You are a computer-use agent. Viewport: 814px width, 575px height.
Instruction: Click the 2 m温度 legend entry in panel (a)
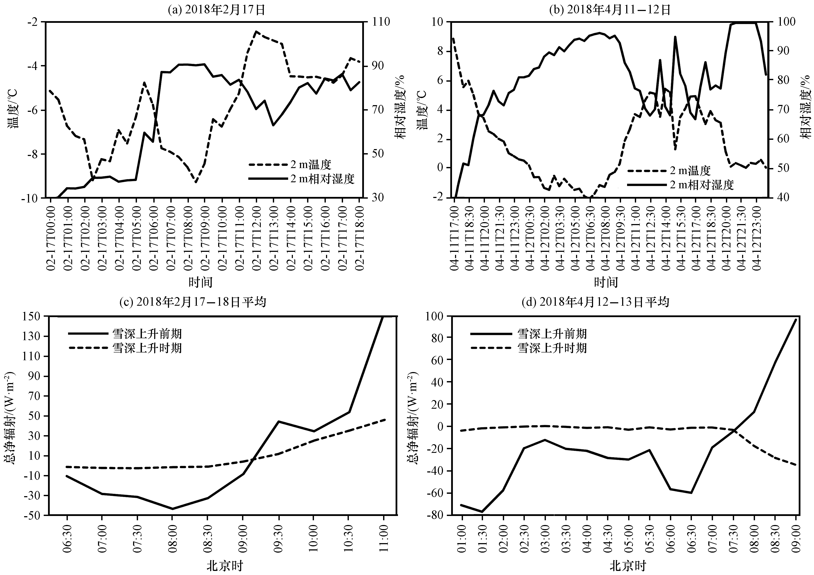pyautogui.click(x=290, y=165)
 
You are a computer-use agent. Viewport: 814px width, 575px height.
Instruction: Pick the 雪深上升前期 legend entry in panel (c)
pyautogui.click(x=125, y=333)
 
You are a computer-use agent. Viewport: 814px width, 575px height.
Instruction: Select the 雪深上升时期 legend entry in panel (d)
pyautogui.click(x=529, y=348)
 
